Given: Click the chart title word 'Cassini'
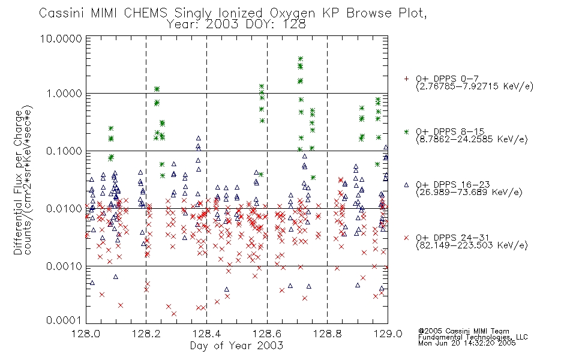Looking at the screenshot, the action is click(61, 13).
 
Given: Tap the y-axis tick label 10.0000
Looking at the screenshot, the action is click(61, 38).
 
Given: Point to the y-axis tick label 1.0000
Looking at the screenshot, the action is click(64, 94).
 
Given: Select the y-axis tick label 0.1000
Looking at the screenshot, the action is click(64, 151).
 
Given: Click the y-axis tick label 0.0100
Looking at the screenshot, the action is click(64, 209).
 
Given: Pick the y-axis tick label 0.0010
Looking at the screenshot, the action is click(64, 266).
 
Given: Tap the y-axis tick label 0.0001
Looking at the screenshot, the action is click(64, 320).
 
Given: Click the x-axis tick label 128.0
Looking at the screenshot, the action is click(86, 334).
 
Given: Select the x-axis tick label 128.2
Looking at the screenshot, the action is click(146, 334).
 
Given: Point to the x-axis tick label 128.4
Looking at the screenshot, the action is click(206, 334).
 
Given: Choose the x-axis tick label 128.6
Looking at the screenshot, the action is click(267, 334).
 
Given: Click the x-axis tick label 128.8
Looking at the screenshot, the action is click(327, 334).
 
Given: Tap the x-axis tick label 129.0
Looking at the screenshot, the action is click(388, 334).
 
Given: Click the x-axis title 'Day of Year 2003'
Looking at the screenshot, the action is click(236, 346).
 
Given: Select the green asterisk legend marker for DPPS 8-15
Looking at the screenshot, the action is click(406, 131).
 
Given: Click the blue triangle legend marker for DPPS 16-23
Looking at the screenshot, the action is click(406, 185).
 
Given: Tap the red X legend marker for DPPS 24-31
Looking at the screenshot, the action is click(406, 238).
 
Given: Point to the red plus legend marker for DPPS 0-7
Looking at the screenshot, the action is click(406, 79).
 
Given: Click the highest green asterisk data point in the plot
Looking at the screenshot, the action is click(300, 59).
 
